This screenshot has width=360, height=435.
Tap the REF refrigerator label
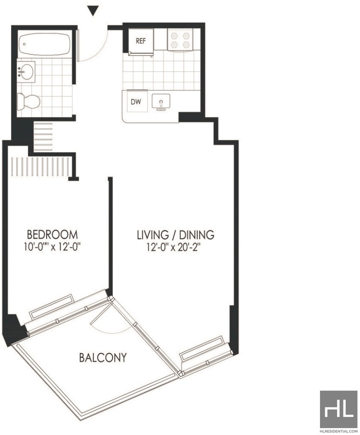point(140,41)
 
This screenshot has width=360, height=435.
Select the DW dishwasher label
point(136,102)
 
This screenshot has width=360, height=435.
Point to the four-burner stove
point(180,40)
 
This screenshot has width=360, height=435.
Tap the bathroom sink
point(26,72)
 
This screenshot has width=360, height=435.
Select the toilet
point(29,102)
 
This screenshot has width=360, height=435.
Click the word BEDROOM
point(52,235)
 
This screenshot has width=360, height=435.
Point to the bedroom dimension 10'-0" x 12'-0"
point(52,246)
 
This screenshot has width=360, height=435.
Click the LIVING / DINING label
point(176,235)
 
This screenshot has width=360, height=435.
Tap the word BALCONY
point(103,358)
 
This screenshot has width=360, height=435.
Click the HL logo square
point(339,409)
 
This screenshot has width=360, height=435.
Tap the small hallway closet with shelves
point(43,137)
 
